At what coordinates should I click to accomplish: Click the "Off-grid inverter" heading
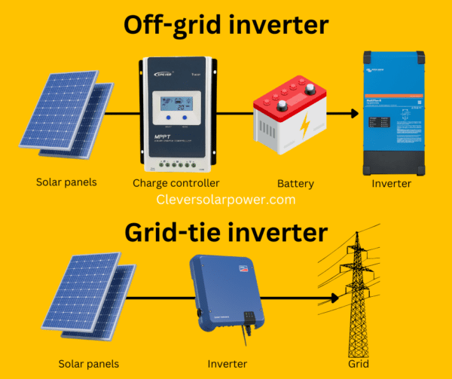(226, 25)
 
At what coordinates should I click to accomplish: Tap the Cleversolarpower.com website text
(226, 200)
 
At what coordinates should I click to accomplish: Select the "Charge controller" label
(176, 183)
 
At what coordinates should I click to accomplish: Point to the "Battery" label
(295, 183)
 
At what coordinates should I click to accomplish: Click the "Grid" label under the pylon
(359, 364)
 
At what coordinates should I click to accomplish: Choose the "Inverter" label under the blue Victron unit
(392, 183)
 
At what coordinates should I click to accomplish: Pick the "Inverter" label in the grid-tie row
(228, 364)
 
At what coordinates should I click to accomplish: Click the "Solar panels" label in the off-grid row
(66, 182)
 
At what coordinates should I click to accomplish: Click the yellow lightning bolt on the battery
(304, 129)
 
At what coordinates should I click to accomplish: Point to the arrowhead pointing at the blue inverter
(352, 114)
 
